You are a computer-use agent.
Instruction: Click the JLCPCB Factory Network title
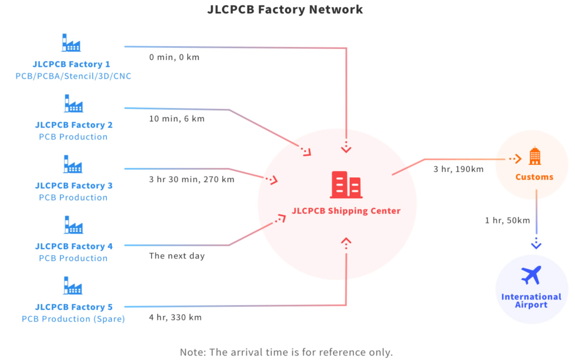pyautogui.click(x=285, y=10)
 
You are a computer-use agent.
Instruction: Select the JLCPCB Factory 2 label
pyautogui.click(x=74, y=125)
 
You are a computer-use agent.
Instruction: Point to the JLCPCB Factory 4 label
pyautogui.click(x=74, y=246)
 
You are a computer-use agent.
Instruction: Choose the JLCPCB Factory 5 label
pyautogui.click(x=74, y=307)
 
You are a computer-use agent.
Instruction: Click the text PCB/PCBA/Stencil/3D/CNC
pyautogui.click(x=73, y=76)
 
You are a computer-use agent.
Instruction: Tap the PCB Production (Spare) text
pyautogui.click(x=73, y=319)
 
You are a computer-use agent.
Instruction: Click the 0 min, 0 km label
pyautogui.click(x=174, y=58)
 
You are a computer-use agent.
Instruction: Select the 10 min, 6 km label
pyautogui.click(x=177, y=119)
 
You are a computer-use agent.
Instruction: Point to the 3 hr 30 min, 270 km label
pyautogui.click(x=192, y=180)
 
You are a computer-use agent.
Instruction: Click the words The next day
pyautogui.click(x=177, y=256)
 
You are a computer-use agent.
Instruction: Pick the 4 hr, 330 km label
pyautogui.click(x=175, y=317)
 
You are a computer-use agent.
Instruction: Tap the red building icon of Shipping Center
pyautogui.click(x=346, y=185)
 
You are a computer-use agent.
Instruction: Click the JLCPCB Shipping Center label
pyautogui.click(x=346, y=211)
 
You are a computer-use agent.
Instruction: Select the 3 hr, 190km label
pyautogui.click(x=458, y=169)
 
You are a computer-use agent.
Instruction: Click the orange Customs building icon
pyautogui.click(x=535, y=156)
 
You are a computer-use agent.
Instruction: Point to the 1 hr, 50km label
pyautogui.click(x=507, y=221)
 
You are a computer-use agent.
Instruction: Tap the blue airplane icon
pyautogui.click(x=531, y=275)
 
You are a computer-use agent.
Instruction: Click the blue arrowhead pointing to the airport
pyautogui.click(x=536, y=244)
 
